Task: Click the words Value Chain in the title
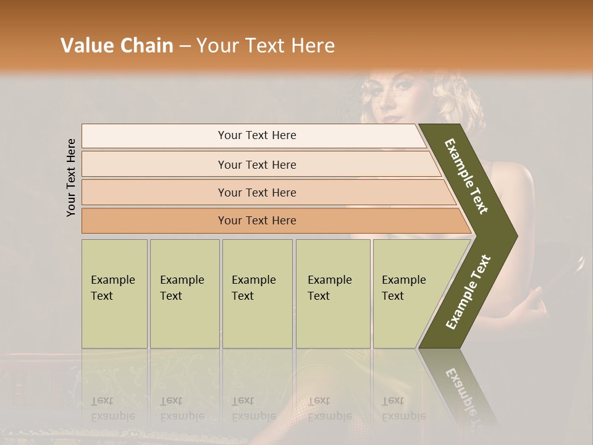coord(117,46)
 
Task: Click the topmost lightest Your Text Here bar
coord(256,135)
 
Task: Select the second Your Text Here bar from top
coord(256,164)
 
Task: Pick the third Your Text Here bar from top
coord(256,192)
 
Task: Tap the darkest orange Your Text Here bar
coord(256,221)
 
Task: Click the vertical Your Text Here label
coord(71,177)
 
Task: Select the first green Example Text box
coord(114,294)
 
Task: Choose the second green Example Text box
coord(184,294)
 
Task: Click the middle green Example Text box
coord(257,294)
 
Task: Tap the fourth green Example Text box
coord(332,294)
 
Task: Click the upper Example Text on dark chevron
coord(466,177)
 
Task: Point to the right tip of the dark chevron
coord(516,236)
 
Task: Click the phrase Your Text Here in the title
coord(266,46)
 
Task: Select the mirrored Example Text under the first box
coord(113,409)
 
